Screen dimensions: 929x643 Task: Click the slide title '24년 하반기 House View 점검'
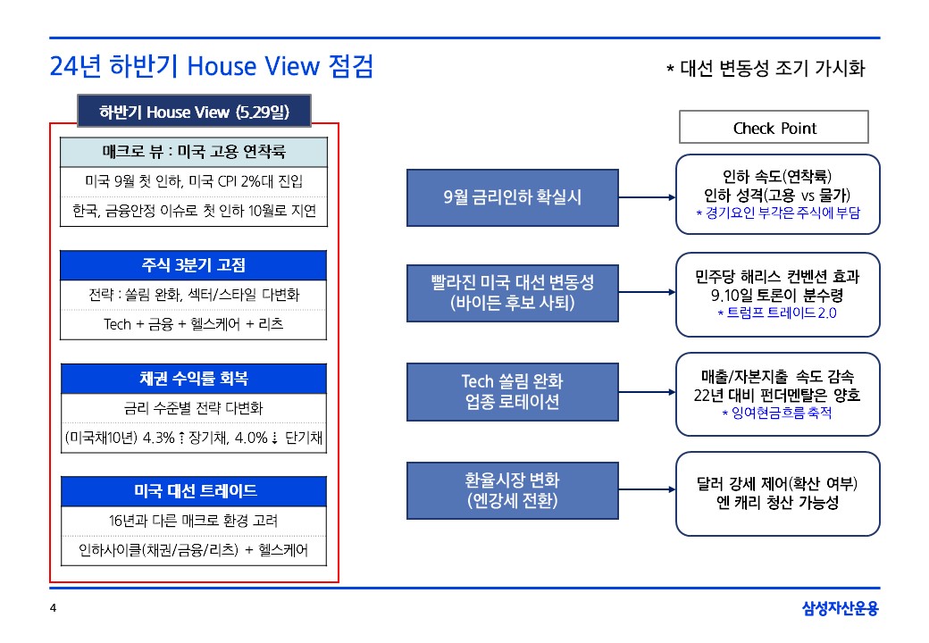pos(212,66)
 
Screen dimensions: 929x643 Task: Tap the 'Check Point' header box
pos(774,127)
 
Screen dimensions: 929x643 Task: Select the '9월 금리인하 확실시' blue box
pos(513,197)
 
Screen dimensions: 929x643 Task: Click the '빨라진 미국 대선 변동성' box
pos(513,293)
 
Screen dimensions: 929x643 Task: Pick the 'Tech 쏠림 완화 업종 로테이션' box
pos(513,392)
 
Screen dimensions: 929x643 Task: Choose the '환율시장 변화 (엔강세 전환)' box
pos(513,490)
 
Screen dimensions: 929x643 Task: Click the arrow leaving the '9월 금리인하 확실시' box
pos(647,197)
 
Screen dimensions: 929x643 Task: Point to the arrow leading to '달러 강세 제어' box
pos(647,489)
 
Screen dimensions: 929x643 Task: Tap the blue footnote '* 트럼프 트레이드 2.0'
pos(777,313)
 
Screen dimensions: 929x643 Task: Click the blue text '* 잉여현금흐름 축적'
pos(777,413)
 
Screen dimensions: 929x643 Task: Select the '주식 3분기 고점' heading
pos(193,265)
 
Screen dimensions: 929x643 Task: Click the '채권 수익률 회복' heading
pos(194,379)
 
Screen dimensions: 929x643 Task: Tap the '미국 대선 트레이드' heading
pos(194,491)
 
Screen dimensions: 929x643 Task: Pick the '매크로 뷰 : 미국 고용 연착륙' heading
pos(194,152)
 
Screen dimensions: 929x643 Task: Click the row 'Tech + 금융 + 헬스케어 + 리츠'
pos(193,324)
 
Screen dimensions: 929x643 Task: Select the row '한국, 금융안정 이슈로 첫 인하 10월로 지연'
pos(194,211)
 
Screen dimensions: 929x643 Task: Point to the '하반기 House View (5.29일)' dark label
pos(194,112)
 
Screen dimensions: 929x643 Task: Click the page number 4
pos(53,608)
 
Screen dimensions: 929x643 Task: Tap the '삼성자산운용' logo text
pos(841,608)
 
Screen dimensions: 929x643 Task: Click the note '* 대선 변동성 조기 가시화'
pos(766,69)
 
